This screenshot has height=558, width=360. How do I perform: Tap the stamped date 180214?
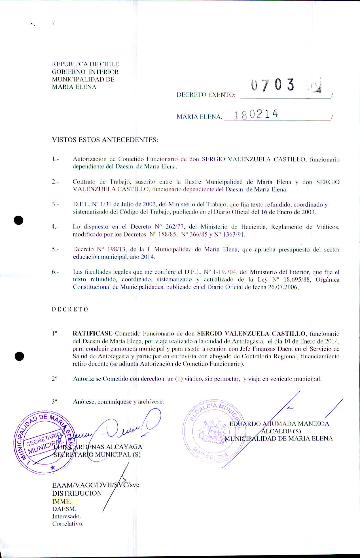coord(255,115)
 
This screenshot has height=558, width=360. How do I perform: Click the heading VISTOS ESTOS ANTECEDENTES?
coord(105,140)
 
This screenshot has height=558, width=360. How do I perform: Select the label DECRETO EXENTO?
coord(206,95)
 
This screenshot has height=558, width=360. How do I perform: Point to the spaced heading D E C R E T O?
coord(70,309)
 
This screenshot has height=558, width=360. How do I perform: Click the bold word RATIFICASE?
coord(93,333)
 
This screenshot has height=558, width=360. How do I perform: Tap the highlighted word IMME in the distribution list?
coord(62,501)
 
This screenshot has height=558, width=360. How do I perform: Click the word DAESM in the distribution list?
coord(64,509)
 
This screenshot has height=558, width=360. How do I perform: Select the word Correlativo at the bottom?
coord(68,524)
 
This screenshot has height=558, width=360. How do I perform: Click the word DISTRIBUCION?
coord(77,493)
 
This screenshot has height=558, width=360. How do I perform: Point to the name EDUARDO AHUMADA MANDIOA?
coord(279,424)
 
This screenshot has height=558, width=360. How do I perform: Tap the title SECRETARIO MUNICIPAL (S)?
coord(97,455)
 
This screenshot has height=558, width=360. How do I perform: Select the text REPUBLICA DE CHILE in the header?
coord(85,64)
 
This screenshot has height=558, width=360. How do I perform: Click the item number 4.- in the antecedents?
coord(55,227)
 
